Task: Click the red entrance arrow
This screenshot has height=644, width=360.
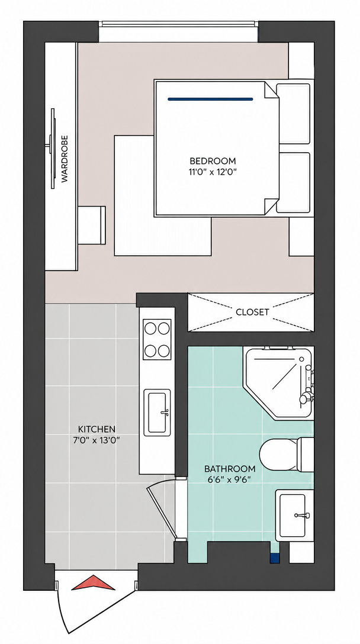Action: pyautogui.click(x=94, y=583)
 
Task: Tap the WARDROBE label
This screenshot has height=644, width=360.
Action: pyautogui.click(x=65, y=159)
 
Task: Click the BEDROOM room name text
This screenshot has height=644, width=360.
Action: pyautogui.click(x=213, y=160)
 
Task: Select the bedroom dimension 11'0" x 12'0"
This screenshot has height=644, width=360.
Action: pyautogui.click(x=213, y=172)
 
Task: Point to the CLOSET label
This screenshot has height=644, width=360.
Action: pyautogui.click(x=252, y=312)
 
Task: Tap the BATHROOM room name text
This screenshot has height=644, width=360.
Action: pyautogui.click(x=230, y=469)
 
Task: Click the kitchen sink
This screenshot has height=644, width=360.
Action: pyautogui.click(x=157, y=413)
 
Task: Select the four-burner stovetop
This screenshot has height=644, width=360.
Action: pyautogui.click(x=157, y=339)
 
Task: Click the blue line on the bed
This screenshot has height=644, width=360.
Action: pyautogui.click(x=210, y=99)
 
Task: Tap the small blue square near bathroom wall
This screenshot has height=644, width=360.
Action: pyautogui.click(x=275, y=558)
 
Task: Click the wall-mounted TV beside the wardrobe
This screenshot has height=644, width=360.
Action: pyautogui.click(x=52, y=149)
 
